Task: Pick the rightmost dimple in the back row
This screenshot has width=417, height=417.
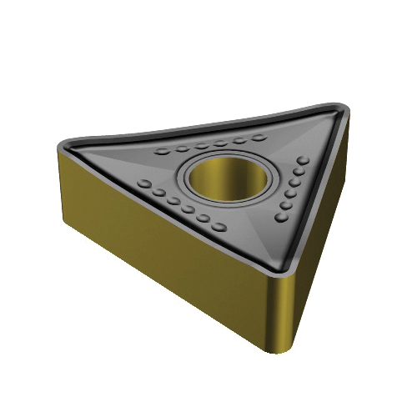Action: (259, 137)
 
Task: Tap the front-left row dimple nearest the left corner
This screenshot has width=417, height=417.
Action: (143, 183)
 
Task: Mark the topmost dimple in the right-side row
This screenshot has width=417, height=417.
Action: (304, 160)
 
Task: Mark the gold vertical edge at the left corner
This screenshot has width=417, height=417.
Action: (65, 188)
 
